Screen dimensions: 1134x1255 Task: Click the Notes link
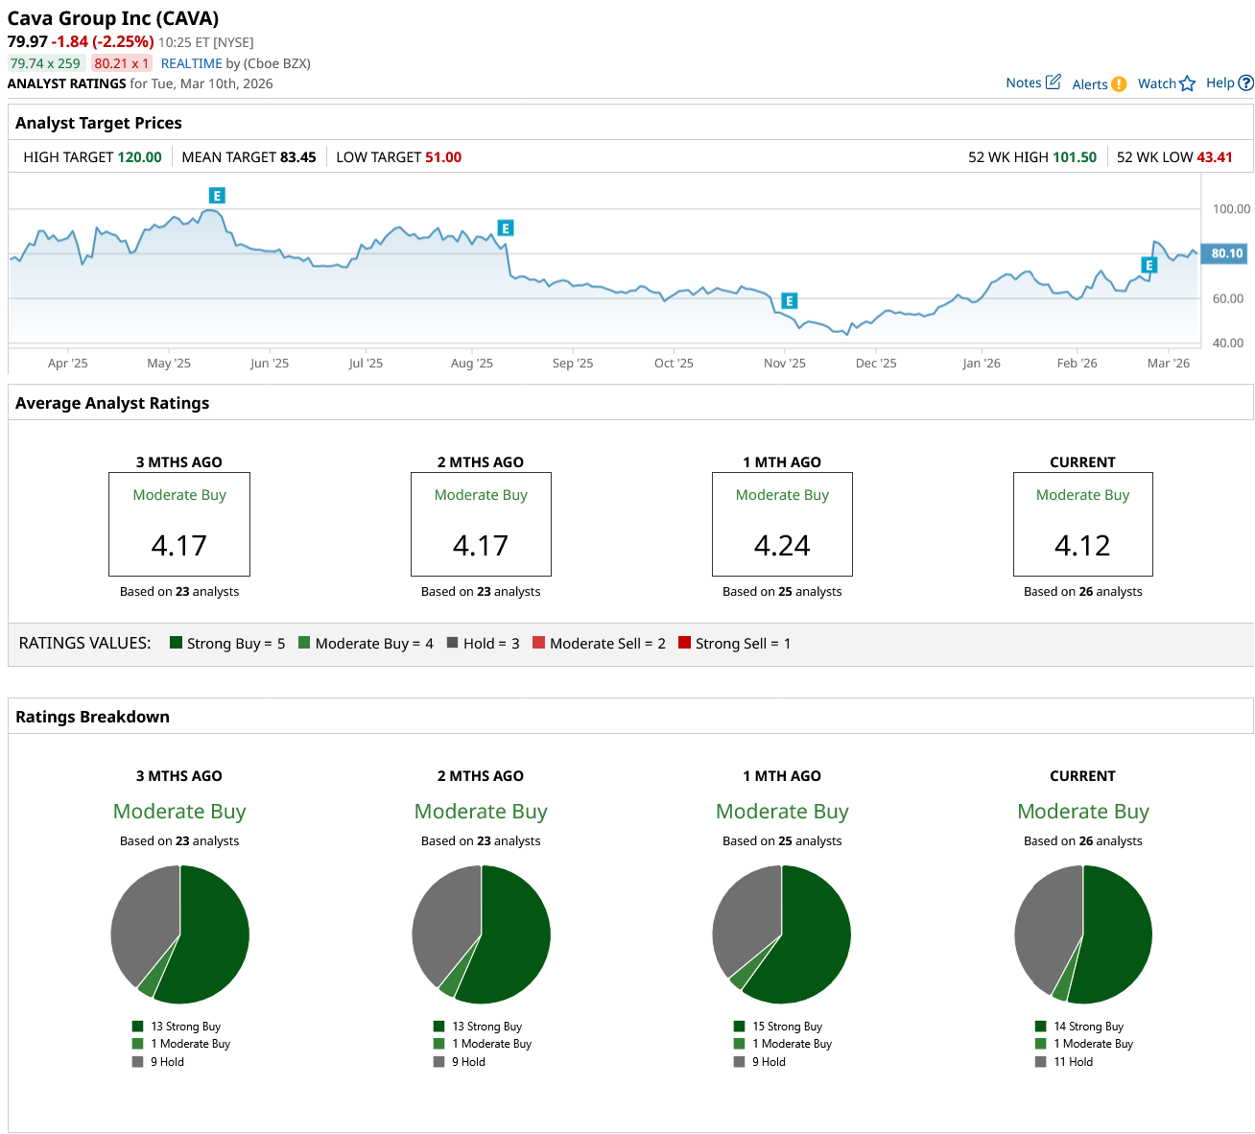click(x=1032, y=83)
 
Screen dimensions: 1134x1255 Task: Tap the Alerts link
click(x=1099, y=84)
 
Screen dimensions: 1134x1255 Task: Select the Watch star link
click(x=1166, y=83)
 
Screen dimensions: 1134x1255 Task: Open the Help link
click(x=1229, y=83)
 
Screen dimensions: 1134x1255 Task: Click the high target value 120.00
click(x=140, y=157)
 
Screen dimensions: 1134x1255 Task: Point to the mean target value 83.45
click(x=297, y=157)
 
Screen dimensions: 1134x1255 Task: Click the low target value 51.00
click(x=443, y=157)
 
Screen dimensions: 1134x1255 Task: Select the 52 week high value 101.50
click(x=1075, y=157)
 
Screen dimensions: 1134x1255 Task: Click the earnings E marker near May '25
click(x=217, y=196)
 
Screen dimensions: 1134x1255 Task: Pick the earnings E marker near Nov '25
click(x=790, y=301)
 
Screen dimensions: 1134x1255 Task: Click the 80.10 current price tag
click(x=1226, y=254)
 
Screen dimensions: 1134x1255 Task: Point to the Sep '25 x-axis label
click(x=573, y=364)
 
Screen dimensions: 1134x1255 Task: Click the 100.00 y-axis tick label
click(x=1231, y=209)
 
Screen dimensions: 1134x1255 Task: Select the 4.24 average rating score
click(x=782, y=546)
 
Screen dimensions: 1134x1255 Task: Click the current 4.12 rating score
click(x=1082, y=546)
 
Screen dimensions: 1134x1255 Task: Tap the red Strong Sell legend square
click(x=684, y=643)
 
